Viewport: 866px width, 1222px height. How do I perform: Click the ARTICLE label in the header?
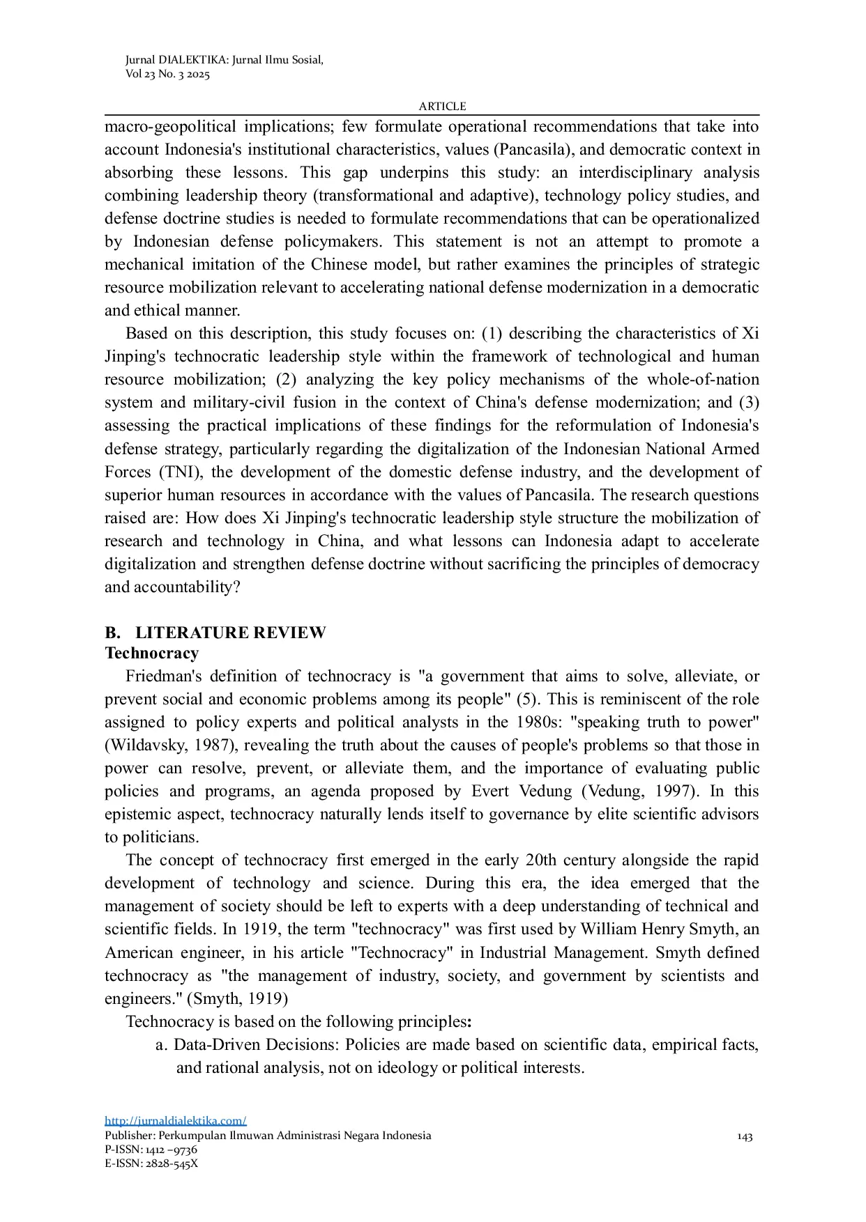pos(442,107)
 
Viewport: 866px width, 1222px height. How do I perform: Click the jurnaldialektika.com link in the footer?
pos(175,1120)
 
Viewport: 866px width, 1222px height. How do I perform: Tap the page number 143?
pos(745,1137)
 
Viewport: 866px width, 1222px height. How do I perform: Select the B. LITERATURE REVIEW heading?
pos(215,633)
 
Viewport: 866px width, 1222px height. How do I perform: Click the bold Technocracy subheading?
pos(151,653)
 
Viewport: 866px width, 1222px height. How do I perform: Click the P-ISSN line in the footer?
pos(151,1150)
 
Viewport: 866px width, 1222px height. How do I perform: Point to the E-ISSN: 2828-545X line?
pos(151,1163)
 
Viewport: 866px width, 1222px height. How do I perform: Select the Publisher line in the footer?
pos(268,1136)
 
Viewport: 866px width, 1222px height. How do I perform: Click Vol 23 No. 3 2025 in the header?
pos(167,75)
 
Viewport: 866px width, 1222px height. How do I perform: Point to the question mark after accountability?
pos(236,587)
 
